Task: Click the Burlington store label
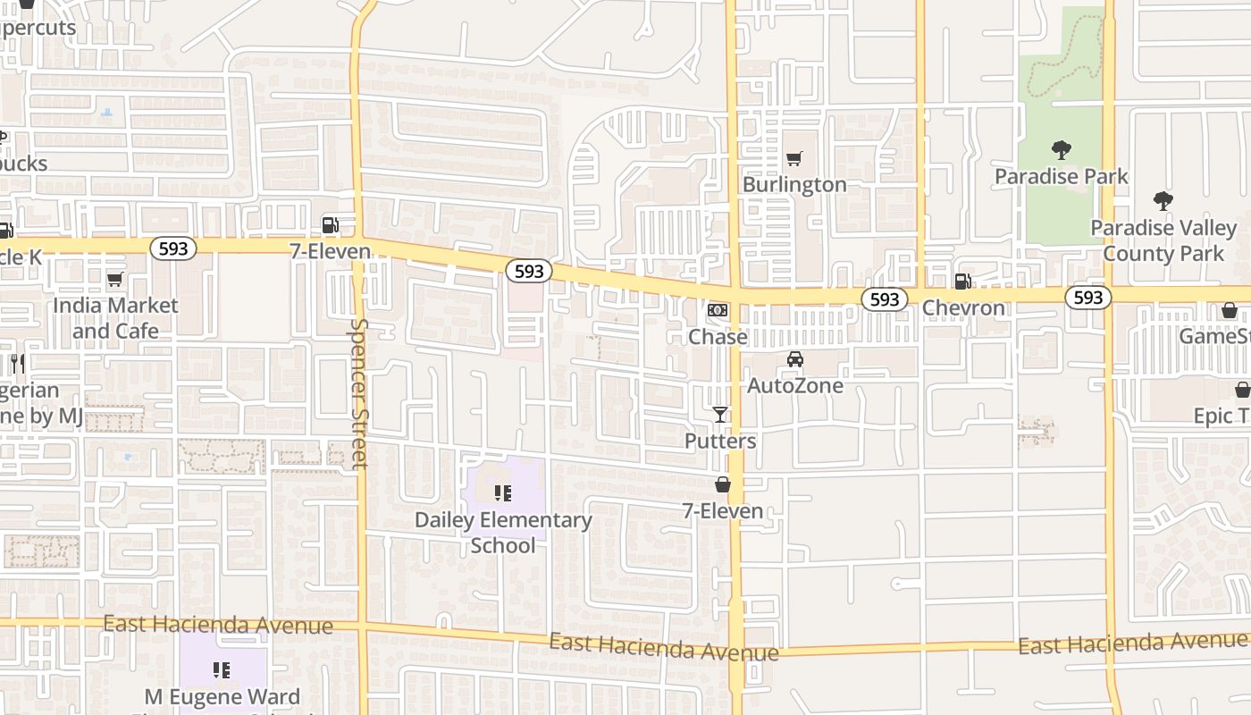tap(794, 185)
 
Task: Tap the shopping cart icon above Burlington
tap(793, 159)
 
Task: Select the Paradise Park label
tap(1062, 176)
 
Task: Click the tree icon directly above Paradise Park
tap(1062, 149)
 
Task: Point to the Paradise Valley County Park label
tap(1163, 240)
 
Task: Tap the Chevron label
tap(963, 308)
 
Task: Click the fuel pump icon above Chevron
tap(962, 282)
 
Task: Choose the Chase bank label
tap(718, 337)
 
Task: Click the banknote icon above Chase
tap(717, 310)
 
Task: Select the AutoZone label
tap(794, 386)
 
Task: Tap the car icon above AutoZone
tap(794, 359)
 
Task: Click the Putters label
tap(720, 442)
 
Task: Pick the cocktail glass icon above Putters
tap(720, 415)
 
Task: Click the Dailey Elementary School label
tap(503, 533)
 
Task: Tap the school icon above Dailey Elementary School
tap(503, 492)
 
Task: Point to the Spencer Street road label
tap(359, 393)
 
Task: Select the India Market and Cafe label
tap(115, 318)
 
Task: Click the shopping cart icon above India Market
tap(114, 280)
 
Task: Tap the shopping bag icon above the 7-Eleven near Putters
tap(722, 484)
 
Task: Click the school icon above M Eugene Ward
tap(222, 669)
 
